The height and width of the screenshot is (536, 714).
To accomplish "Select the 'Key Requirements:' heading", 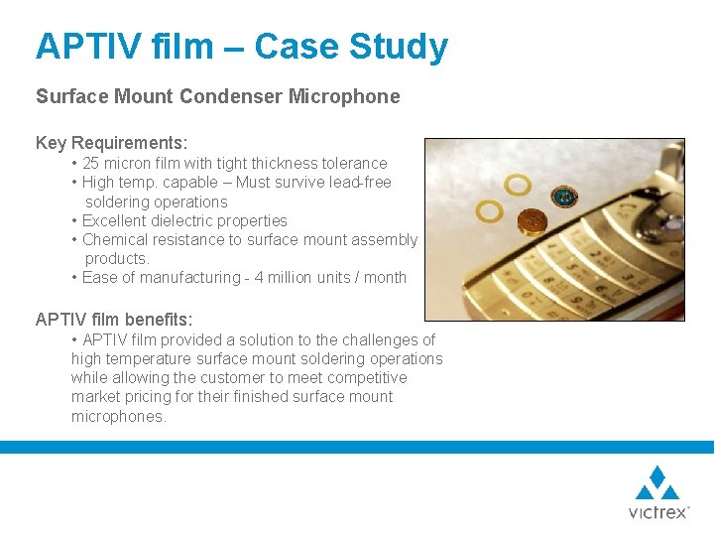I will [x=111, y=143].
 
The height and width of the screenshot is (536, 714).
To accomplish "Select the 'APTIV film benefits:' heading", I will [x=114, y=320].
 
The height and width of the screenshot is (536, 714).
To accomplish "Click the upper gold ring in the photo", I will [x=517, y=185].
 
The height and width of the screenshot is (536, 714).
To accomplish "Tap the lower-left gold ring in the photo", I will [x=490, y=210].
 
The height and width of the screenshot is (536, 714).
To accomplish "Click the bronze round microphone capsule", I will [x=536, y=218].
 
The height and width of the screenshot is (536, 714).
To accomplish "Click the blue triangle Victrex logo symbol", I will [x=657, y=483].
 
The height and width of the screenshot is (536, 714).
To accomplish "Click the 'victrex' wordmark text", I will [x=657, y=512].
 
